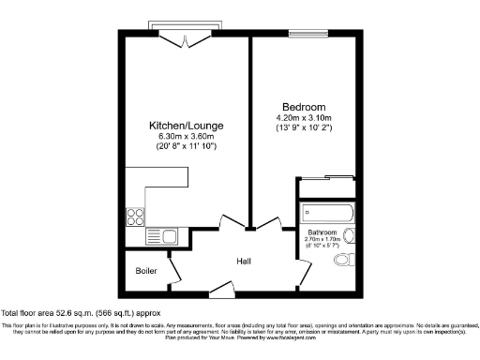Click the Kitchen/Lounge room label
pos(187,127)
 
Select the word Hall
pos(244,262)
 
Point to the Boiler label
pos(145,271)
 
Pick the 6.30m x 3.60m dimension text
pos(187,137)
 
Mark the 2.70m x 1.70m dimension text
pos(323,240)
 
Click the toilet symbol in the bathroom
pos(346,259)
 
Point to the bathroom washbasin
pos(349,236)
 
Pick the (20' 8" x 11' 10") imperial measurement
pos(187,147)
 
